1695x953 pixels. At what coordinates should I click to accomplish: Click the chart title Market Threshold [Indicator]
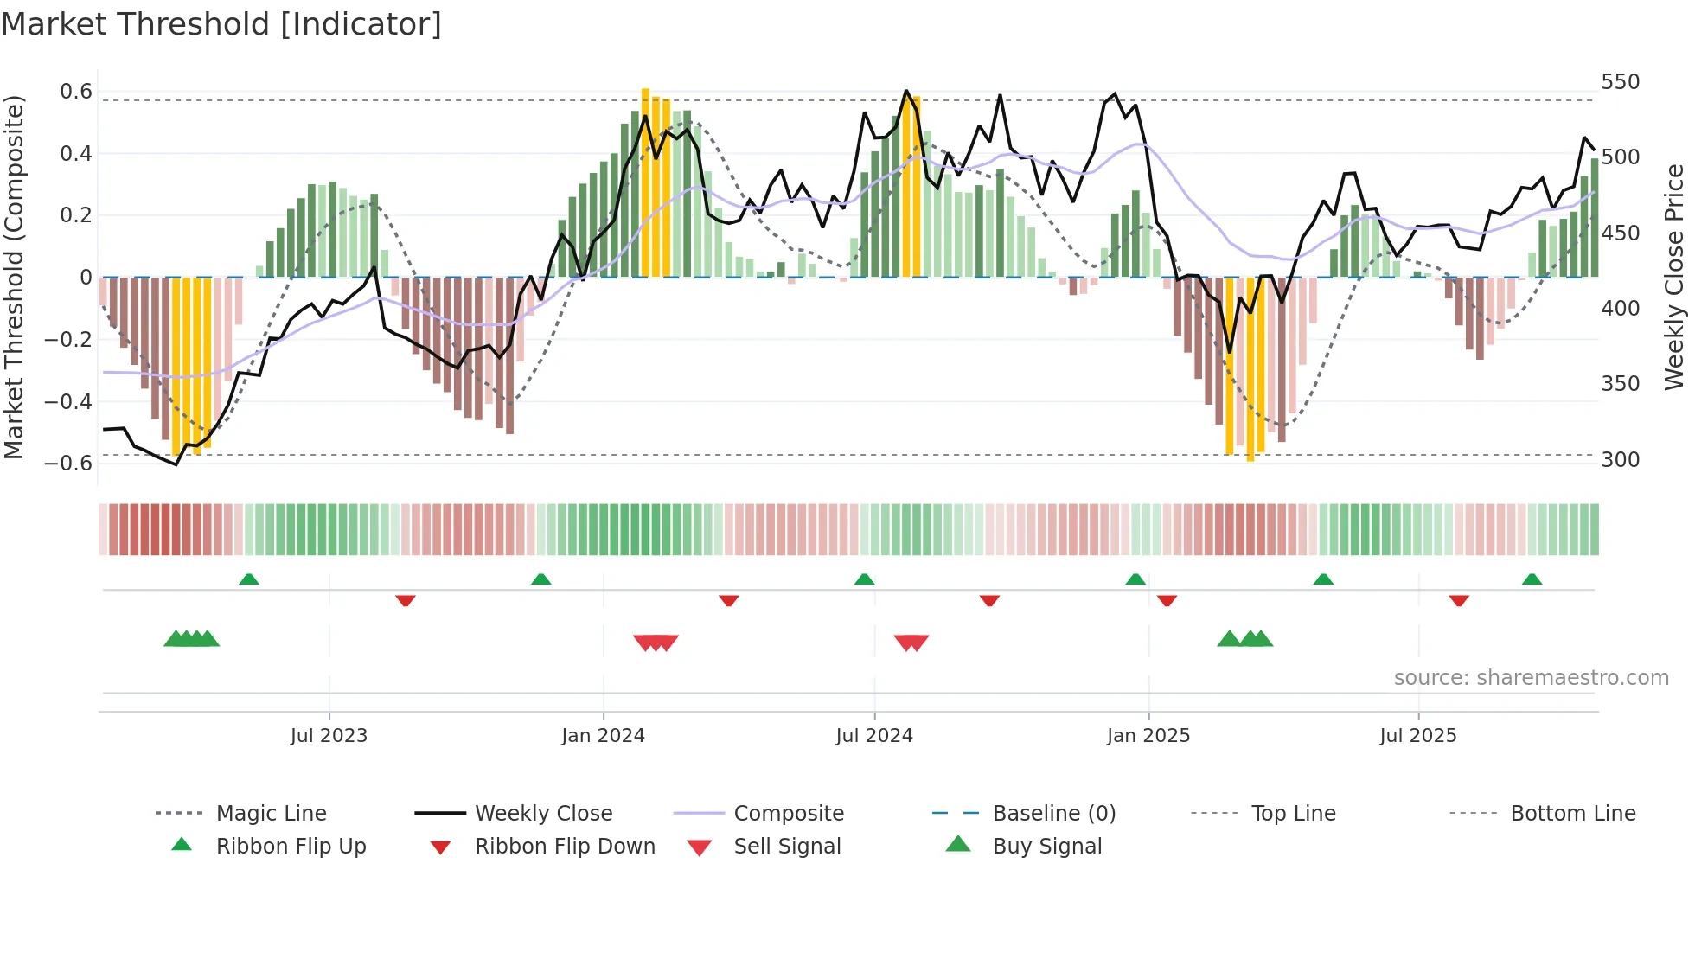point(221,24)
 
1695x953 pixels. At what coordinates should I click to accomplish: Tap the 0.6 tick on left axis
point(76,92)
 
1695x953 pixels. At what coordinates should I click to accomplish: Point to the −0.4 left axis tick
point(69,401)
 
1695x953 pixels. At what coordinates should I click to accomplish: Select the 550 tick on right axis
point(1620,82)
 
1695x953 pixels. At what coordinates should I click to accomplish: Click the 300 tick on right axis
point(1620,459)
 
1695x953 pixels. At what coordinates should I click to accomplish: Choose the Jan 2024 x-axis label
point(603,736)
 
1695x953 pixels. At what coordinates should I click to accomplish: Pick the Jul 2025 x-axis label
point(1417,736)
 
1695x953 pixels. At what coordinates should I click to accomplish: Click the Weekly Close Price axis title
point(1674,277)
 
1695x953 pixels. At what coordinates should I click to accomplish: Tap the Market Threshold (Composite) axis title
point(14,277)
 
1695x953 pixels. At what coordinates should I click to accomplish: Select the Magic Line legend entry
point(271,814)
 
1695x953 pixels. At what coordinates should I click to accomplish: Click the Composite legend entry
point(788,814)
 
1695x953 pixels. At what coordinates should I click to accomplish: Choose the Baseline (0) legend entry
point(1053,814)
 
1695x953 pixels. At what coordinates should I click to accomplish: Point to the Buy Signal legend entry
point(1046,847)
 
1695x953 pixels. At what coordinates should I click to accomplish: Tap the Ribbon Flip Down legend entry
point(564,847)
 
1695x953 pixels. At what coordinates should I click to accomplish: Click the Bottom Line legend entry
point(1572,814)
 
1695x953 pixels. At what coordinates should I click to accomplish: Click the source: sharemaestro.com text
point(1531,678)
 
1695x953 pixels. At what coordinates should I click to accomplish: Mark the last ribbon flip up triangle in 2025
point(1532,579)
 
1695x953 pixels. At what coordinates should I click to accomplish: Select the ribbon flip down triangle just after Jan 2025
point(1167,600)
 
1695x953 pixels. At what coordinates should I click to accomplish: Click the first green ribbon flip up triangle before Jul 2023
point(249,579)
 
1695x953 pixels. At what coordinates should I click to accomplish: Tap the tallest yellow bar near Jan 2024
point(645,182)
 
